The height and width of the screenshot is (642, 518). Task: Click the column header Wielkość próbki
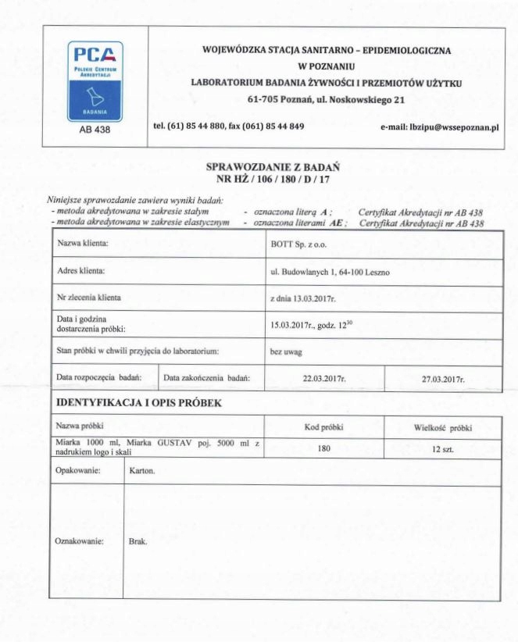click(x=443, y=427)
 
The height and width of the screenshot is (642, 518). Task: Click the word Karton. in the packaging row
click(x=141, y=473)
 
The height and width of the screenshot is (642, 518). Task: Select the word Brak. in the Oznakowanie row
click(x=137, y=540)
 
